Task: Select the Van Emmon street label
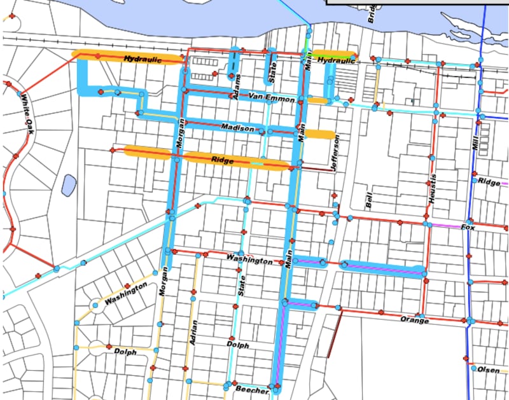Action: click(x=272, y=99)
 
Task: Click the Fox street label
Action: click(x=468, y=226)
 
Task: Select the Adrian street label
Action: click(x=193, y=331)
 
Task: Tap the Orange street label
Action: click(x=415, y=320)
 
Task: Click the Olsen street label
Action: click(x=489, y=369)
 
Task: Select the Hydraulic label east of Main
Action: click(x=335, y=61)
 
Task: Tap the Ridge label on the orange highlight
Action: click(x=222, y=162)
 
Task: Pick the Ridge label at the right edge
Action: click(x=490, y=183)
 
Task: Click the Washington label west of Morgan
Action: click(x=121, y=299)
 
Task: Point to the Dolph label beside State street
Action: click(x=237, y=345)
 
